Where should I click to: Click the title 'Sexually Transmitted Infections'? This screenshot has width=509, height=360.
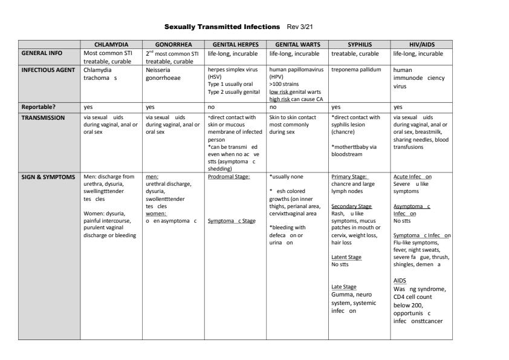tap(222, 27)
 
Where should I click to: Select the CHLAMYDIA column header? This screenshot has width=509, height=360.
tap(111, 44)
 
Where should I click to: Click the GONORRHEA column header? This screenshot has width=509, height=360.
tap(173, 44)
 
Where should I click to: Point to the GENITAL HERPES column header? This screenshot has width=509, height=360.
tap(235, 44)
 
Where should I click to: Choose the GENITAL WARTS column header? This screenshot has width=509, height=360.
tap(297, 44)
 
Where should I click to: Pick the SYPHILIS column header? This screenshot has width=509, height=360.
tap(359, 44)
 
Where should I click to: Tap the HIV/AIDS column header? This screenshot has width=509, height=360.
tap(421, 44)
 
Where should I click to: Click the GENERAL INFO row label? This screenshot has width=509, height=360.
tap(42, 53)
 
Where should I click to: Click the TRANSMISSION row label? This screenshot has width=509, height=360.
tap(44, 117)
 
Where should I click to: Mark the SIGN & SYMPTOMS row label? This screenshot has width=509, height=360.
tap(48, 177)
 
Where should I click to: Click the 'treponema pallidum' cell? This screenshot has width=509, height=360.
tap(357, 70)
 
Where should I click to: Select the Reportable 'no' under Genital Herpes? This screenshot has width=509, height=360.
tap(211, 106)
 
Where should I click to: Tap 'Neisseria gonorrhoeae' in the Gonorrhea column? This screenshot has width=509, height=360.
tap(164, 74)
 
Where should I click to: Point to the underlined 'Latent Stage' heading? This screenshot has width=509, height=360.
tap(346, 257)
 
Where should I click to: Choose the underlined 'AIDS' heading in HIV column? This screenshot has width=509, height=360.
tap(400, 281)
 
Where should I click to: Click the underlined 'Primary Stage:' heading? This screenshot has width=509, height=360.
tap(349, 177)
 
